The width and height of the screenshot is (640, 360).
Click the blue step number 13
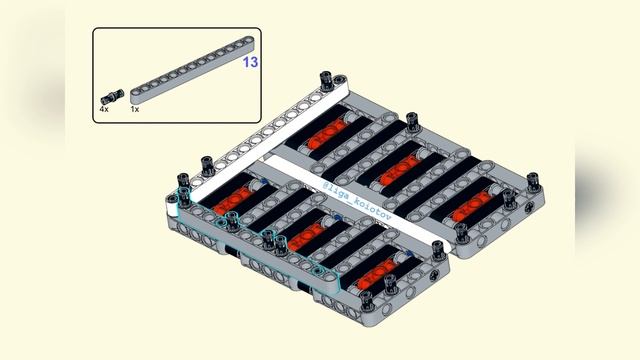[250, 62]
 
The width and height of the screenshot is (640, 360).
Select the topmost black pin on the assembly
[325, 79]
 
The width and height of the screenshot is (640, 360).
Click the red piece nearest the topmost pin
[327, 131]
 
